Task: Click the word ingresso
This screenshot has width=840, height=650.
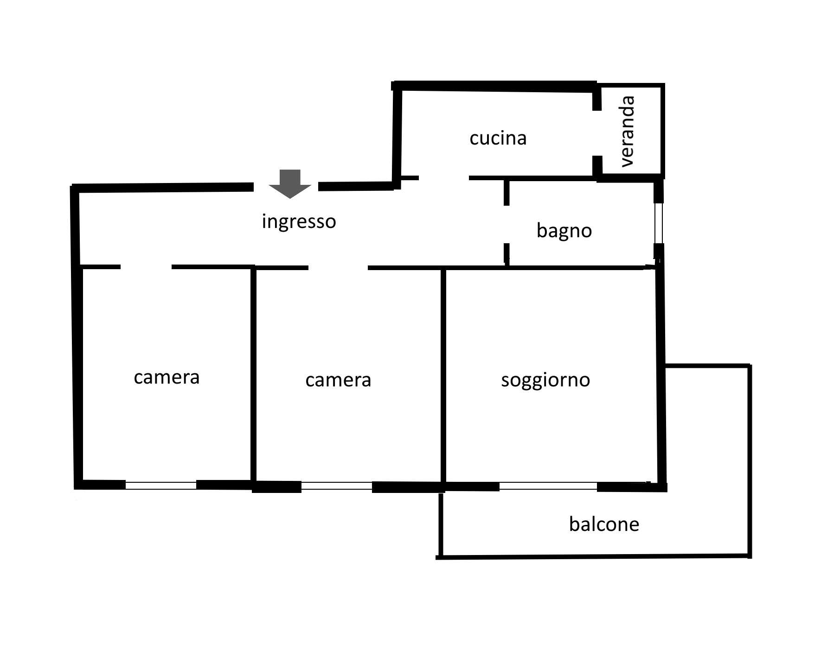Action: [299, 222]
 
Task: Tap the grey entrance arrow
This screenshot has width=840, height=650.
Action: [290, 184]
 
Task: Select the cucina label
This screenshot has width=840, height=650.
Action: [498, 138]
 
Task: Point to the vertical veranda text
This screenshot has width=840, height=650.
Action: [627, 131]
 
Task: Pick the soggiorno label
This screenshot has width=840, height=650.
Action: [545, 380]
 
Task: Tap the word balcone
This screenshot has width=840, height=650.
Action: [604, 524]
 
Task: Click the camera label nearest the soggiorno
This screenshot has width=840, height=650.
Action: [338, 380]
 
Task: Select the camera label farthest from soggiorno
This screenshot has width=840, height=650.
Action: [167, 378]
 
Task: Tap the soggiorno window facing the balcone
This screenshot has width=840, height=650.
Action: [548, 486]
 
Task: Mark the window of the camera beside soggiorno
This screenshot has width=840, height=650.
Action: [337, 486]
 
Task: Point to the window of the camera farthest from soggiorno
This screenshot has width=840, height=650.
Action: [161, 486]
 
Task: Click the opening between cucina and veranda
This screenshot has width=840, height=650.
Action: [597, 133]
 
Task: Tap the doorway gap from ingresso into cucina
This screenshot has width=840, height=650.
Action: [444, 178]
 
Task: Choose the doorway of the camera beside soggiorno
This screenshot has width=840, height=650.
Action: [338, 268]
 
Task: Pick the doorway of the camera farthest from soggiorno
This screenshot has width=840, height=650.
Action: [146, 267]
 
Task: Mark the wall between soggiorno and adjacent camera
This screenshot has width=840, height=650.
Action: [443, 376]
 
